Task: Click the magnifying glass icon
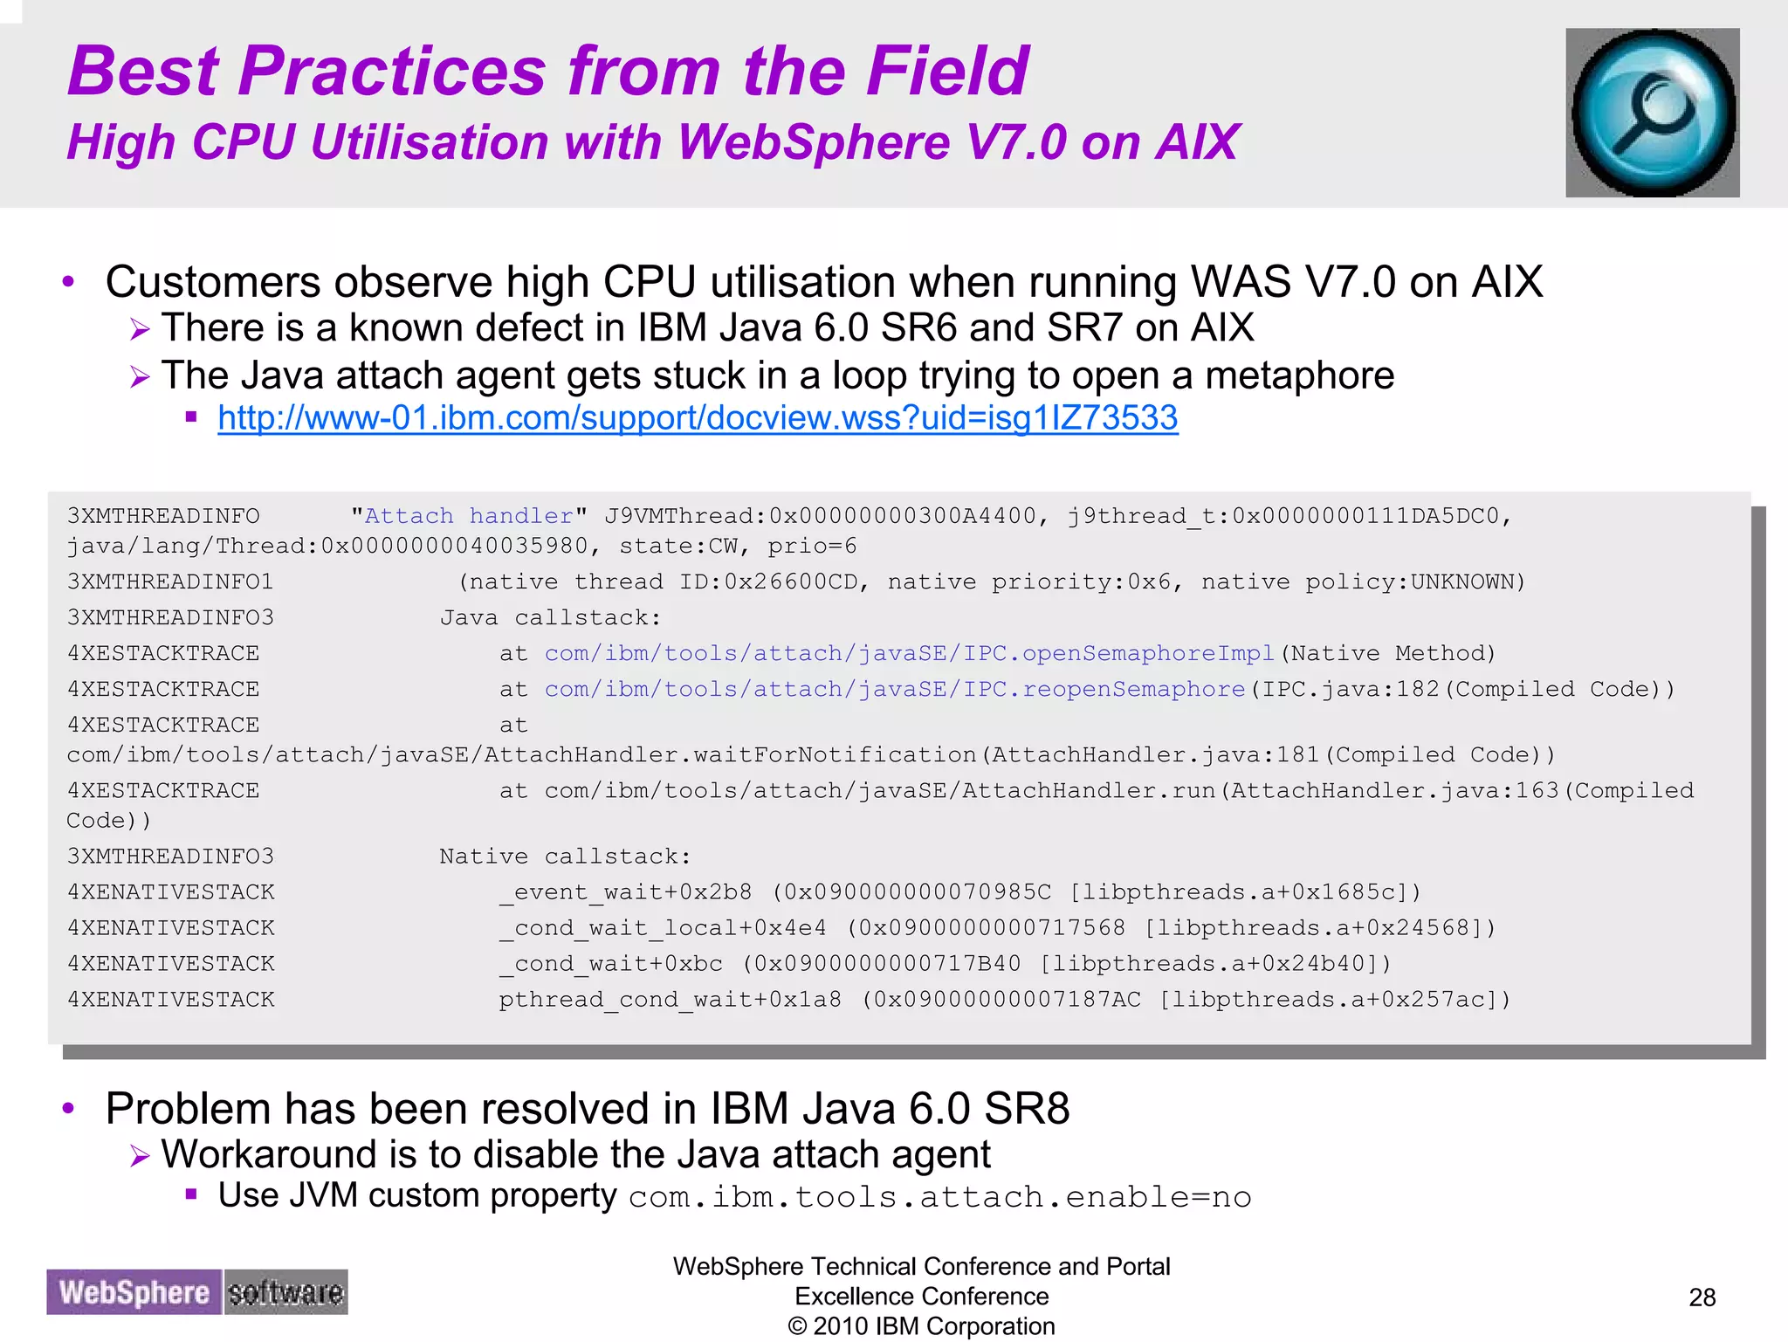[x=1652, y=113]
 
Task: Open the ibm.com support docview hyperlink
[x=698, y=418]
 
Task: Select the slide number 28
[x=1702, y=1297]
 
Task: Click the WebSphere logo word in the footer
[x=134, y=1292]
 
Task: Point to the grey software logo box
[x=285, y=1292]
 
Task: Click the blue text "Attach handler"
[x=469, y=516]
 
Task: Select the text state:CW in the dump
[x=678, y=547]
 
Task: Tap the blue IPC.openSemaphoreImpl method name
[x=909, y=654]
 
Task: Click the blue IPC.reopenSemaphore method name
[x=894, y=690]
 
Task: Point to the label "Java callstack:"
[x=550, y=618]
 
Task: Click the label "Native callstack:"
[x=565, y=857]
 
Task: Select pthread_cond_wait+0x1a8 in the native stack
[x=670, y=1000]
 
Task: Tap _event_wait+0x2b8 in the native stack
[x=625, y=892]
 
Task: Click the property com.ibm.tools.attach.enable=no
[x=939, y=1197]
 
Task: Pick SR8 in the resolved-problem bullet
[x=1027, y=1109]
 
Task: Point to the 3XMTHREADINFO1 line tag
[x=170, y=582]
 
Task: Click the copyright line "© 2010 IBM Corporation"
[x=921, y=1326]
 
